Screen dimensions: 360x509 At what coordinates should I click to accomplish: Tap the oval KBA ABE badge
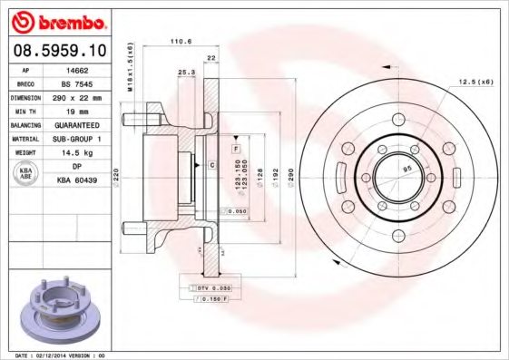(26, 174)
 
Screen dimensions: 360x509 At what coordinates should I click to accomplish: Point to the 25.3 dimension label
(186, 72)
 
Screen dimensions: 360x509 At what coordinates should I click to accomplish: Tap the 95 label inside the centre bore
(407, 168)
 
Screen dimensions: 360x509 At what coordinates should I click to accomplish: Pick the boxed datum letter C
(211, 164)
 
